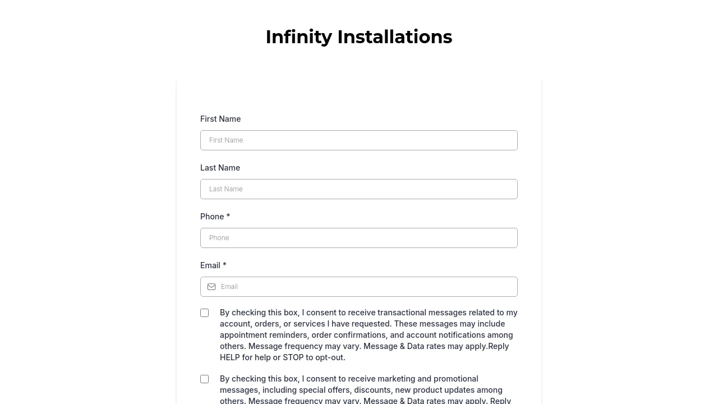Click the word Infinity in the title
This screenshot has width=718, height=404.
tap(298, 37)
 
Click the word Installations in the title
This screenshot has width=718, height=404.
tap(394, 37)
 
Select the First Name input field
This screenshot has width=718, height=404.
tap(359, 140)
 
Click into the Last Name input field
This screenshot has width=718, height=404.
tap(359, 189)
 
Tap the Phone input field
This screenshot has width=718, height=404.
tap(359, 238)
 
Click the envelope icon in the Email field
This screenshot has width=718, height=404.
tap(211, 287)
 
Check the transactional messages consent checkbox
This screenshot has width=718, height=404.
tap(205, 313)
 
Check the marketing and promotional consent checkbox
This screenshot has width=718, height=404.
tap(205, 379)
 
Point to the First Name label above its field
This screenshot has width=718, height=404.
tap(220, 119)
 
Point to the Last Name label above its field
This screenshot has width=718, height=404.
tap(220, 168)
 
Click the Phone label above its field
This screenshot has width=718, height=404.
tap(212, 217)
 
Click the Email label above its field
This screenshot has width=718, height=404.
tap(210, 265)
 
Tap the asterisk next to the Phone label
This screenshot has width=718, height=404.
tap(228, 217)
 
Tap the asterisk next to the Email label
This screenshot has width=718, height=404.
tap(224, 265)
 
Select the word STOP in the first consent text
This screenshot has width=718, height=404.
tap(293, 357)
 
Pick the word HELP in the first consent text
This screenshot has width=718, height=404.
tap(230, 357)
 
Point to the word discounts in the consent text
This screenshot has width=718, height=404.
tap(372, 390)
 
